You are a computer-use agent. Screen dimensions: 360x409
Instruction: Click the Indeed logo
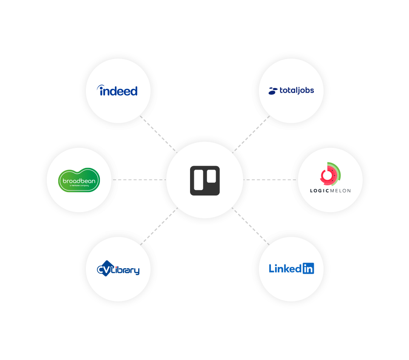click(118, 91)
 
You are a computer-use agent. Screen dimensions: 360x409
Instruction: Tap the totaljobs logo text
click(296, 91)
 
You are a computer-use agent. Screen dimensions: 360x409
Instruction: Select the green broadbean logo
click(79, 180)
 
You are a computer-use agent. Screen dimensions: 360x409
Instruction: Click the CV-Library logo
click(118, 269)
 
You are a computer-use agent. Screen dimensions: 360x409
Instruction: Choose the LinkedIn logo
click(291, 268)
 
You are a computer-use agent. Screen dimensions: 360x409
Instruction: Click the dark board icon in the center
click(204, 180)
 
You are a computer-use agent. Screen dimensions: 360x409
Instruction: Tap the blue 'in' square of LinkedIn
click(308, 268)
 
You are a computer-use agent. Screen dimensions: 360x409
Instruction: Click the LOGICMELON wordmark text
click(330, 190)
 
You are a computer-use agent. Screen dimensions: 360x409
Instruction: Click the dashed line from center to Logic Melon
click(270, 180)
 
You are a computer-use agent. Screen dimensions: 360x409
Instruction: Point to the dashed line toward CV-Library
click(158, 226)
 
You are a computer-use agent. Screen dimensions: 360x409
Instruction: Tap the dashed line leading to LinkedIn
click(251, 226)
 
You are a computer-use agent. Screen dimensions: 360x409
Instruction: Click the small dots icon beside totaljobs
click(273, 91)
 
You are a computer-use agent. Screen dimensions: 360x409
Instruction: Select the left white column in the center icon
click(198, 180)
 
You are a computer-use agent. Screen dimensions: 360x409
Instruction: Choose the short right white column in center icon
click(211, 176)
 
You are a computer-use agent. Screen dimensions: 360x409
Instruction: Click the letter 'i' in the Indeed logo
click(102, 91)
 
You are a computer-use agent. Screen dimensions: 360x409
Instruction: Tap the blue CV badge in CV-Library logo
click(104, 269)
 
